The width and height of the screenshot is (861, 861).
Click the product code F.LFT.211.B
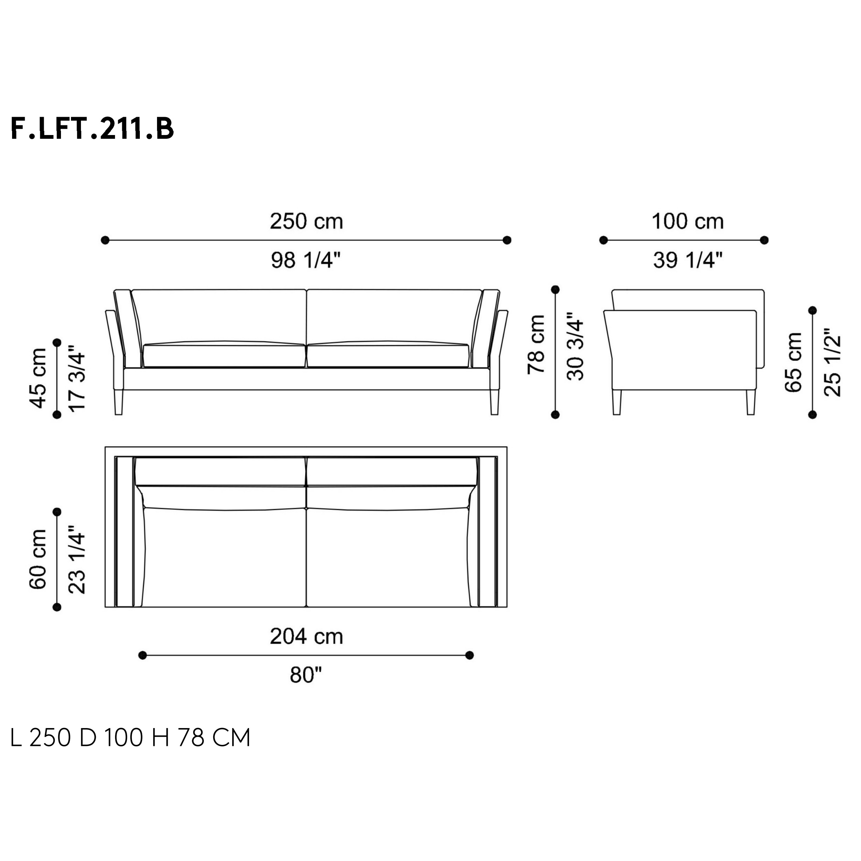coord(92,129)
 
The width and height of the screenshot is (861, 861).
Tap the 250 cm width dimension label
coord(307,221)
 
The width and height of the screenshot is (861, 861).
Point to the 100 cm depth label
coord(688,221)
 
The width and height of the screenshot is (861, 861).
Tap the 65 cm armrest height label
coord(793,362)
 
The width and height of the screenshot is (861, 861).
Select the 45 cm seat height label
coord(38,378)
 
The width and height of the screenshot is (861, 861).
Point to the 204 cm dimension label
coord(307,636)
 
